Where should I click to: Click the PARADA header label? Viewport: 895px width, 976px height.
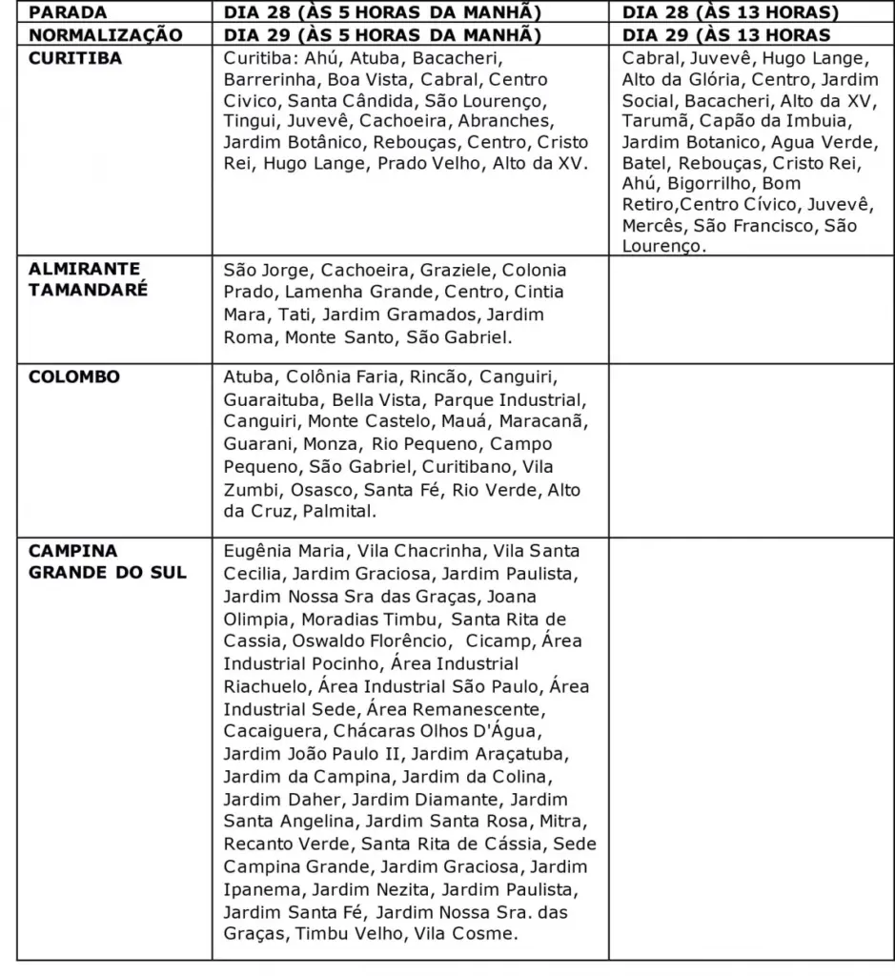[x=68, y=13]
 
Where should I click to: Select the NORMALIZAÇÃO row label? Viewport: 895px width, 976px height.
[x=105, y=35]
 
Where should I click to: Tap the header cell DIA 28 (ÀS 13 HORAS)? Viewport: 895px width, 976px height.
[x=730, y=13]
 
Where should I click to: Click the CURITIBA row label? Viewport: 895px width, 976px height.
[x=75, y=57]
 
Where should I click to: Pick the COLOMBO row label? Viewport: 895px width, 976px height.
[x=74, y=376]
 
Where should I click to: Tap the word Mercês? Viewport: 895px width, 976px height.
[x=653, y=226]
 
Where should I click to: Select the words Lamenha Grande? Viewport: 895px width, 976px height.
[x=359, y=291]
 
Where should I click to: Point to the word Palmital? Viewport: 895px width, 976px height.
[x=339, y=512]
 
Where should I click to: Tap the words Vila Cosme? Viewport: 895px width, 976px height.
[x=467, y=933]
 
